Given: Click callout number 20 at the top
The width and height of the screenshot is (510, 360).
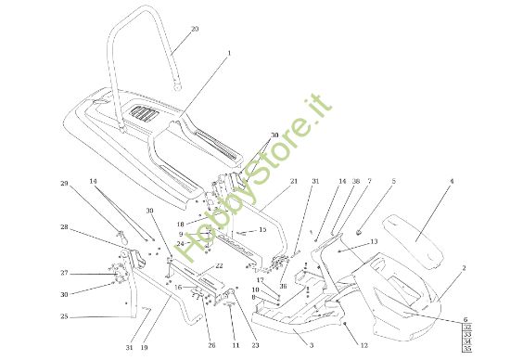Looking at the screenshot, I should (194, 29).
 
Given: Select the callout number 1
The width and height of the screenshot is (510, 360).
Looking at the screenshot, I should (230, 53).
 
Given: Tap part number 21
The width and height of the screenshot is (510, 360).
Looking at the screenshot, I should (293, 181).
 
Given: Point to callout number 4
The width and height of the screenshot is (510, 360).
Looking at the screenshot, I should (452, 182).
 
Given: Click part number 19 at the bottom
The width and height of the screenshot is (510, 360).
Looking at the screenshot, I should (144, 348).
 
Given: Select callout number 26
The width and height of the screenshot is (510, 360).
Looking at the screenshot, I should (211, 346).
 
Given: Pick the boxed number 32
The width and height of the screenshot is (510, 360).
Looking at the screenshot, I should (493, 328).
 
